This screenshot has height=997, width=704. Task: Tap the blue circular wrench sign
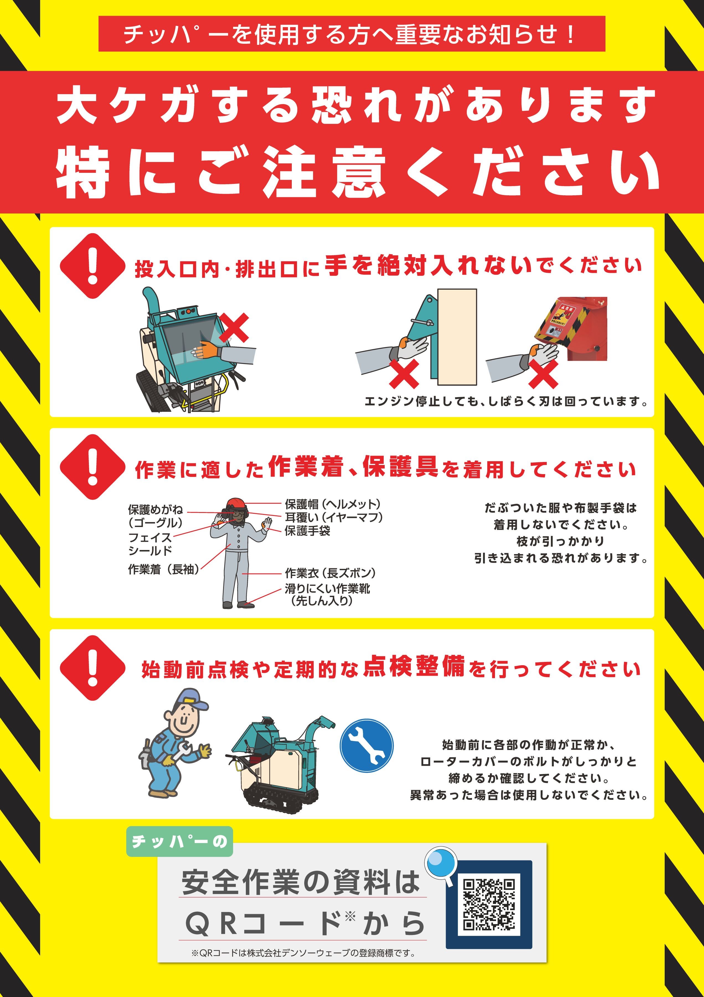(366, 746)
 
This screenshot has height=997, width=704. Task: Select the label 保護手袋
(307, 531)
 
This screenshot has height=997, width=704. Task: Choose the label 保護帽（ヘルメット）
(332, 504)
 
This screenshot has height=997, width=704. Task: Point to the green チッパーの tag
(180, 841)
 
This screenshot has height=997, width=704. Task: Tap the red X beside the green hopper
(233, 327)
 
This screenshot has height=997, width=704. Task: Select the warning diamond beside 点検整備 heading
(92, 668)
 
